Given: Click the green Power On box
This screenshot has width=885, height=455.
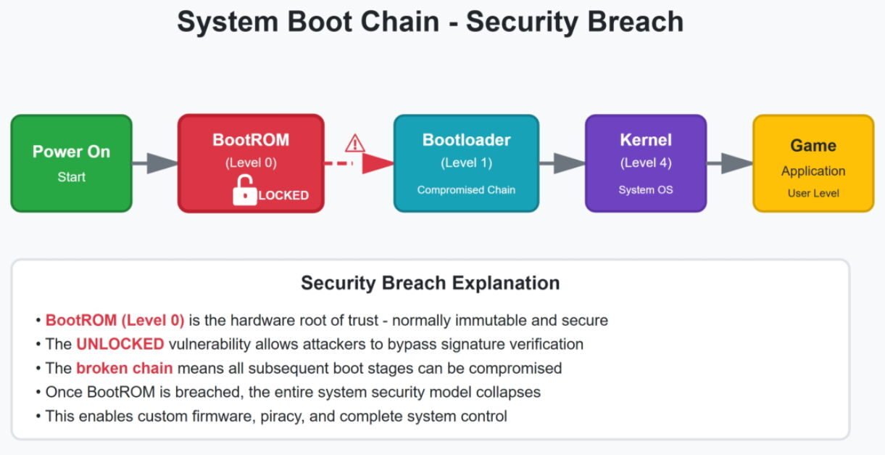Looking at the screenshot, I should point(71,163).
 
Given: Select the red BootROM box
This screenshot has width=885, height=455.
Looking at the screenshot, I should point(251,163).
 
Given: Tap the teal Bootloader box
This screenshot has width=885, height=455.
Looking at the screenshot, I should point(466,163).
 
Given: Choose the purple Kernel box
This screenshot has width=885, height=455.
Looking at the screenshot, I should point(645,163).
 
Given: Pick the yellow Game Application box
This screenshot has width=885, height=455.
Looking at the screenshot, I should point(813,163).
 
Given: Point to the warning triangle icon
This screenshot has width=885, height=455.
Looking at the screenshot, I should point(354,143).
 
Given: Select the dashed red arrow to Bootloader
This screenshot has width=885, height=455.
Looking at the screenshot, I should point(358,163).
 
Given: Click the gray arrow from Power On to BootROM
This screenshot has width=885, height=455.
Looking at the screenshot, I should point(154,163).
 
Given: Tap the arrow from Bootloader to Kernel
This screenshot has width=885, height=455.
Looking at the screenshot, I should point(562,163).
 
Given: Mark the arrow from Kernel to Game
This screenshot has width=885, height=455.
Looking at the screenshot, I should point(729,163).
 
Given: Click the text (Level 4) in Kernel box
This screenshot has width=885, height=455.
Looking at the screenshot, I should point(645,163).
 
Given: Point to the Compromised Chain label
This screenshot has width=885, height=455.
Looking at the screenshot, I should point(466,190).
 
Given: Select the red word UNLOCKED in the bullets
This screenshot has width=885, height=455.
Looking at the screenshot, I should point(120,344).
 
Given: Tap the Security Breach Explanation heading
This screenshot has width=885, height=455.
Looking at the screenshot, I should point(430,283).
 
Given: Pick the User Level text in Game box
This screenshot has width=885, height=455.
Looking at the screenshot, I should point(813,194).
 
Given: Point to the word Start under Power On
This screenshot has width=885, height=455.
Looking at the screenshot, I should point(71,177).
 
